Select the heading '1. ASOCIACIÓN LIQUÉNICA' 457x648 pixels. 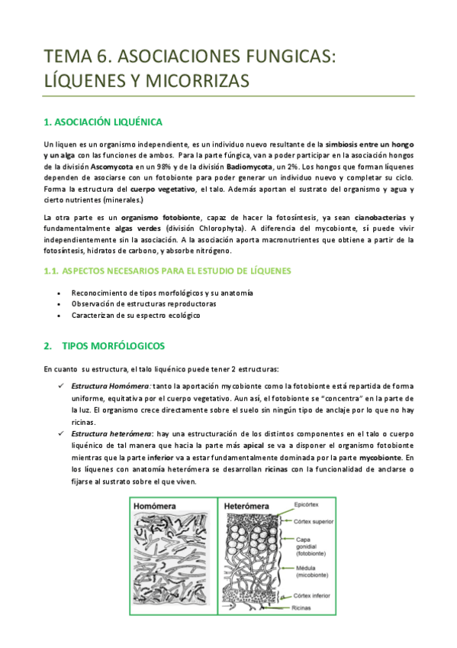[103, 122]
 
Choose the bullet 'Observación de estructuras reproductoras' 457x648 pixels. [143, 304]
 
